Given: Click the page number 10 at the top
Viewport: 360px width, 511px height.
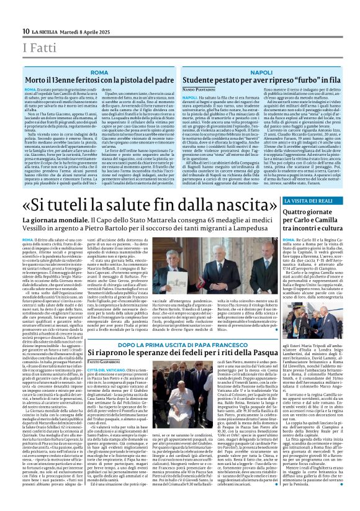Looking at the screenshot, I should coord(26,32).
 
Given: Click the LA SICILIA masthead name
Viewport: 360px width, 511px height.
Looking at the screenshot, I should coord(45,32).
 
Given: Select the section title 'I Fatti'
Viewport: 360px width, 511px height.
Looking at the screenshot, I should coord(37,48).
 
